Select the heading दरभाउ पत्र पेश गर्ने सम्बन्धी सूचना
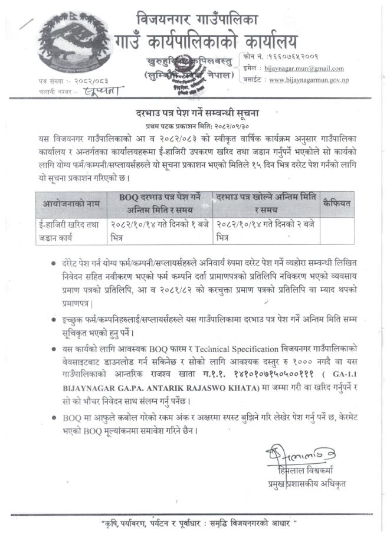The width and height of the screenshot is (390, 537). (194, 112)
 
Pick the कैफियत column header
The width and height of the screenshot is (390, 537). (337, 204)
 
